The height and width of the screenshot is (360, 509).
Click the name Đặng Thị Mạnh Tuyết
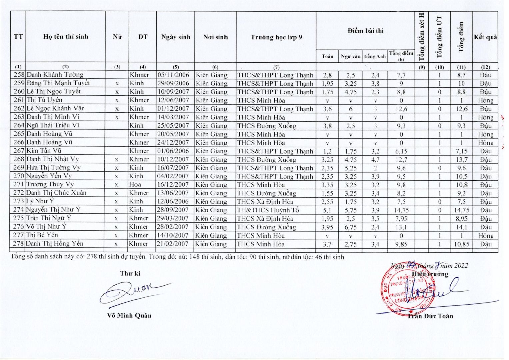(x=58, y=83)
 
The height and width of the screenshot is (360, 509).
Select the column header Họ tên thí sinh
(x=66, y=37)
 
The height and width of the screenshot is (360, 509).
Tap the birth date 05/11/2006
(x=173, y=75)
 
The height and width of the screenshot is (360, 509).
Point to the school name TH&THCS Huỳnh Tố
(x=268, y=210)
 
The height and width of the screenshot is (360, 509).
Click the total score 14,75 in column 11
(x=461, y=210)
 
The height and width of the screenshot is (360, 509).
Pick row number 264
(x=19, y=125)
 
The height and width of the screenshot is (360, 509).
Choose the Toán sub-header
(x=327, y=56)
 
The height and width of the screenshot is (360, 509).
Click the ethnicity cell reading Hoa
(x=135, y=184)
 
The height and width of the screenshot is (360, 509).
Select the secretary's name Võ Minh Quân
(x=129, y=315)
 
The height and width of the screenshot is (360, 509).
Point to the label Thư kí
(x=130, y=273)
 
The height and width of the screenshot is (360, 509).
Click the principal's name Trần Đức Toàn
(x=430, y=316)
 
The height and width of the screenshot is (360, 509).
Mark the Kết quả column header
(x=485, y=37)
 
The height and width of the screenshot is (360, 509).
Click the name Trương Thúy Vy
(x=50, y=184)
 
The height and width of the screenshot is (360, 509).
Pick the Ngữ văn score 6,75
(x=350, y=227)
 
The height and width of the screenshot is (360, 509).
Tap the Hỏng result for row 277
(x=485, y=236)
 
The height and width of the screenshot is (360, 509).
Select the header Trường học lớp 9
(x=276, y=37)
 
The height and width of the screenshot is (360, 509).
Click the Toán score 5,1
(x=327, y=210)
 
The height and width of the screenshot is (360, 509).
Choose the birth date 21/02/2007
(x=173, y=244)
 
